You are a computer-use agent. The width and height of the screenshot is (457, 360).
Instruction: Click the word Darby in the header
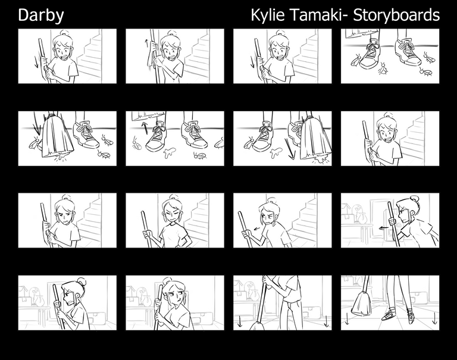tap(41, 15)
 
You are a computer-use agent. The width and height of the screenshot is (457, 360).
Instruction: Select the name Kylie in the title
tap(268, 15)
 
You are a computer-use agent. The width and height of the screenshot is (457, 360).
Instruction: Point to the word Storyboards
tap(396, 15)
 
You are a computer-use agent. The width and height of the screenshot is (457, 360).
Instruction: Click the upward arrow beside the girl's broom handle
tap(146, 43)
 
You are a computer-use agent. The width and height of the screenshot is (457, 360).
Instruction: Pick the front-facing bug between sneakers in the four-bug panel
tap(382, 69)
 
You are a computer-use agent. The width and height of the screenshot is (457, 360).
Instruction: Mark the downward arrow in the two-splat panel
tap(290, 149)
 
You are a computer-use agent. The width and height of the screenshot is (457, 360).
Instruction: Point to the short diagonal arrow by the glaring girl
tap(257, 228)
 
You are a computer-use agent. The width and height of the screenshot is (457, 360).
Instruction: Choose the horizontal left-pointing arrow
tap(384, 228)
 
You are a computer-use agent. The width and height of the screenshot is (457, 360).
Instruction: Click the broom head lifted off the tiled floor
tap(362, 303)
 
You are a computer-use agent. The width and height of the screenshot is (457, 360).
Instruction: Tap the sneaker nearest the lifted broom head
tap(390, 315)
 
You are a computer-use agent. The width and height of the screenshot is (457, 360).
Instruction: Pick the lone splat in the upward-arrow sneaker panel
tap(169, 152)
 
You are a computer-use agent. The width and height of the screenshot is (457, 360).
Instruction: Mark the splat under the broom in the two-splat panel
tap(321, 159)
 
